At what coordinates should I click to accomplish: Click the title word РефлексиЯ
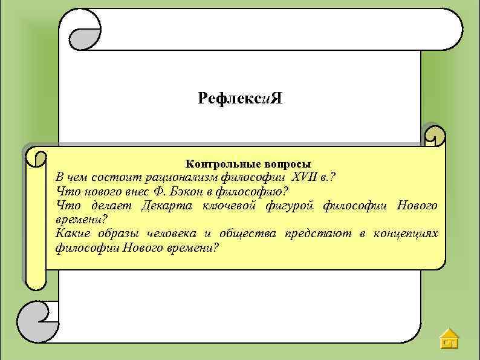(239, 98)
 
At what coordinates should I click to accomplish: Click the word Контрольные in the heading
(215, 164)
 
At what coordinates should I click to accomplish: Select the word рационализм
(177, 177)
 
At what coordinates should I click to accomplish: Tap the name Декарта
(166, 206)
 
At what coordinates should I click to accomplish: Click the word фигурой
(290, 206)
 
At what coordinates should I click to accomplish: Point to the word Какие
(70, 234)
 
